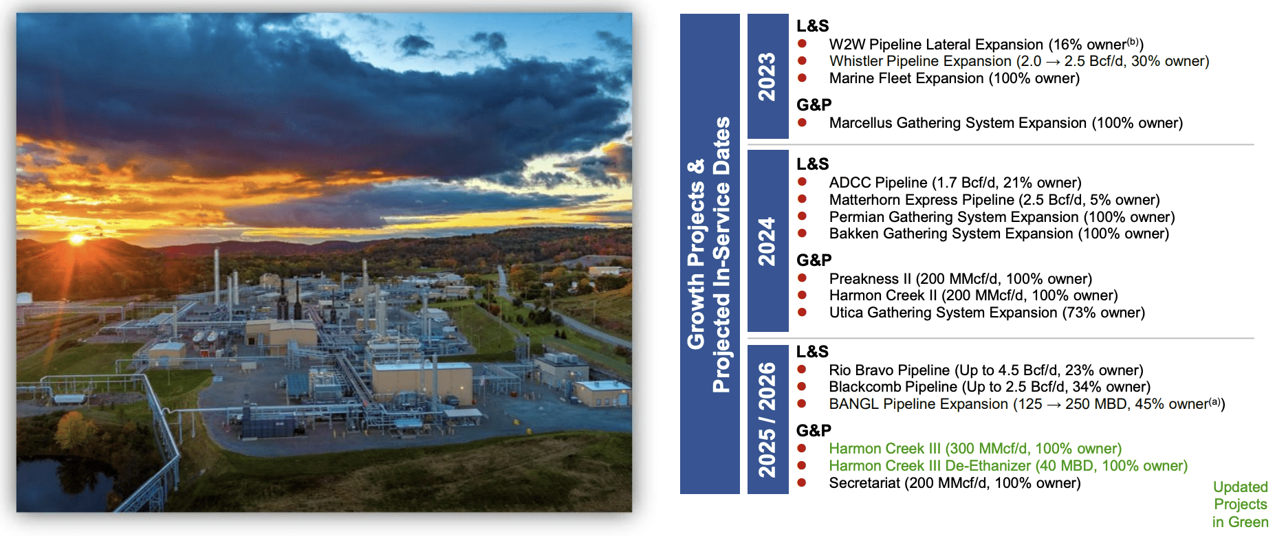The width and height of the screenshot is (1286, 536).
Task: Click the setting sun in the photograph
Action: (76, 239)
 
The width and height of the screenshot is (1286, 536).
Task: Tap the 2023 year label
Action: (767, 76)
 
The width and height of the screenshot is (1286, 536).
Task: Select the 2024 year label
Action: (767, 241)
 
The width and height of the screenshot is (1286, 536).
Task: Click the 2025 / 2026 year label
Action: (767, 420)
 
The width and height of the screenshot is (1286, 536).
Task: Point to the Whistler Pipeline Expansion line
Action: (1018, 61)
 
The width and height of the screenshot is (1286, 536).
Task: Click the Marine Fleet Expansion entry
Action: (954, 78)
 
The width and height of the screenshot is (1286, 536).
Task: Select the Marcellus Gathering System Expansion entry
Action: (1005, 123)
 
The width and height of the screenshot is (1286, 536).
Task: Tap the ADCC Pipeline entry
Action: (955, 183)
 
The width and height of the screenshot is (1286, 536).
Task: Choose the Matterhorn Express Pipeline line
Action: (994, 200)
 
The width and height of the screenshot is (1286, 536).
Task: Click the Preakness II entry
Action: (960, 279)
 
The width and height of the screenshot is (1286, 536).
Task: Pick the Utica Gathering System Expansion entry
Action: (986, 313)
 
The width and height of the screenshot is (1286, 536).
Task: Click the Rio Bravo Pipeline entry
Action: (985, 370)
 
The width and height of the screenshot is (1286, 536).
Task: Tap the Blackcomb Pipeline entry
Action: (989, 387)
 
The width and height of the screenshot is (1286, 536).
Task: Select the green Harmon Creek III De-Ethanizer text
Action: (1007, 466)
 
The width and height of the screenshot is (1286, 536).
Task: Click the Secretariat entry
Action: (955, 483)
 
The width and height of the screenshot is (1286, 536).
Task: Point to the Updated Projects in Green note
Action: (1240, 504)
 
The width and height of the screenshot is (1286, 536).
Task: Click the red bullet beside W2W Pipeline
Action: (802, 44)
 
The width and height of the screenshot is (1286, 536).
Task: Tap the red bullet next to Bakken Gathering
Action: (802, 234)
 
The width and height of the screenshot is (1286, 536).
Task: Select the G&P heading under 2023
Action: (814, 105)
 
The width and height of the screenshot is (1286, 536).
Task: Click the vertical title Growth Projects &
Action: (697, 254)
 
